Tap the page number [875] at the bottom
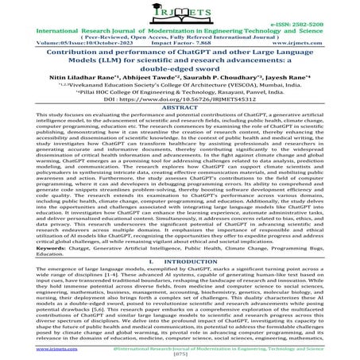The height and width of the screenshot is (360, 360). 180,354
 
